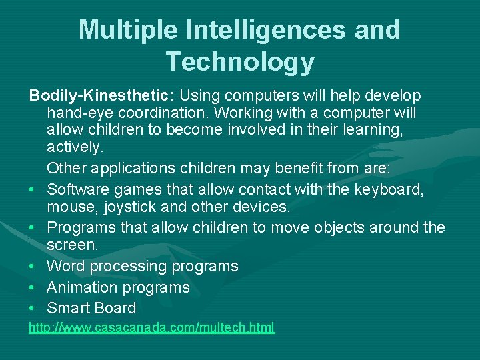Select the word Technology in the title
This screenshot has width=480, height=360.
[240, 61]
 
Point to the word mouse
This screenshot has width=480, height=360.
[67, 207]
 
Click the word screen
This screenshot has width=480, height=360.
[72, 245]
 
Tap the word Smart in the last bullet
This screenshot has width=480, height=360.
[69, 308]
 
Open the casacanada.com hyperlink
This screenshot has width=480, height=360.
[151, 327]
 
